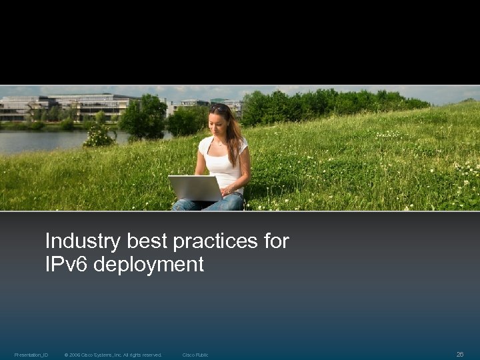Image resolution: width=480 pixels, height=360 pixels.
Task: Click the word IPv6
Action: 67,265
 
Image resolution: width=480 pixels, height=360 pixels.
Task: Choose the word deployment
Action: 149,265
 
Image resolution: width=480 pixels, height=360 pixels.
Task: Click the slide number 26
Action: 459,355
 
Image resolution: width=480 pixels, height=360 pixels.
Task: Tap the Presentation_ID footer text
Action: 31,355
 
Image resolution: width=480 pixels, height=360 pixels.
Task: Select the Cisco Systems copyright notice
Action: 113,355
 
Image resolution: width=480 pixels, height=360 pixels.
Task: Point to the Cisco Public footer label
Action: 195,355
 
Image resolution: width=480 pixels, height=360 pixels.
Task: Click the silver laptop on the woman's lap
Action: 195,188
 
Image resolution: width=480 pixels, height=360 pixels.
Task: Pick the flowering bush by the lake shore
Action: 99,136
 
